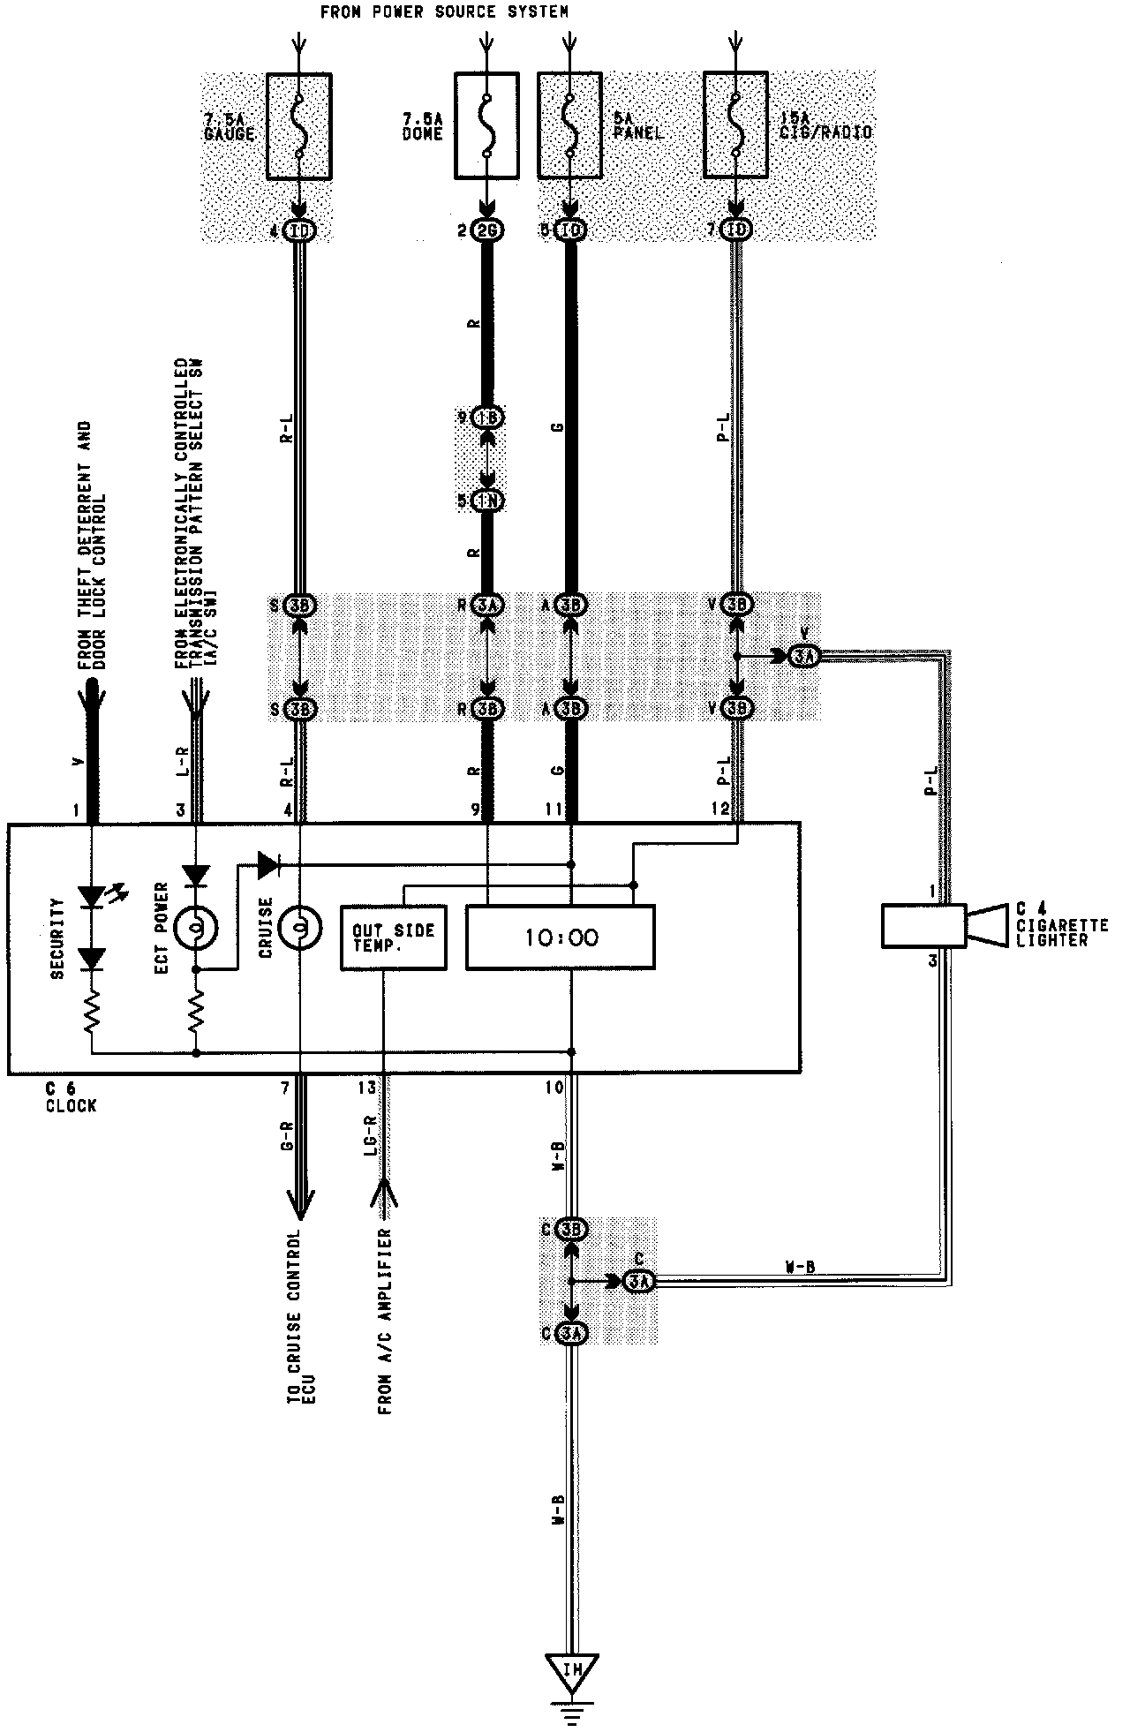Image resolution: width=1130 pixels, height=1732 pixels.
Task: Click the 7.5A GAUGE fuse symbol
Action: click(x=299, y=126)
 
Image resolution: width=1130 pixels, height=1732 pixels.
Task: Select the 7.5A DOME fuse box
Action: click(x=487, y=126)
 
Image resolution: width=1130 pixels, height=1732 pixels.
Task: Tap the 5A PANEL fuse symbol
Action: click(x=569, y=126)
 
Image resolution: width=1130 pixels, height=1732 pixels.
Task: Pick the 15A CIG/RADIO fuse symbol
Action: click(x=735, y=126)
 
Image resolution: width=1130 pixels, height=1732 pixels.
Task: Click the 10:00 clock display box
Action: click(x=560, y=937)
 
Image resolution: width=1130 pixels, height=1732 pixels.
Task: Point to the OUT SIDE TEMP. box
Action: click(x=394, y=938)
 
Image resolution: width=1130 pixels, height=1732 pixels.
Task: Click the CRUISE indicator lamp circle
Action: click(x=299, y=927)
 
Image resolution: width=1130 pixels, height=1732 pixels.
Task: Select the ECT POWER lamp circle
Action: click(x=195, y=927)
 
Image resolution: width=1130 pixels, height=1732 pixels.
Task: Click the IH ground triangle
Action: click(x=572, y=1673)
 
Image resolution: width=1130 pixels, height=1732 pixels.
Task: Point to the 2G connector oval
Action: click(x=487, y=231)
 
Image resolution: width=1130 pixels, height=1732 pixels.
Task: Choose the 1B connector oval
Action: click(x=487, y=418)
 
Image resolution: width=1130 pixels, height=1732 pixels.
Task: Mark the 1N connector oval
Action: click(x=487, y=501)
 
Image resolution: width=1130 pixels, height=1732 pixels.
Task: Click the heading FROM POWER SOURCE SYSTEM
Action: click(x=444, y=11)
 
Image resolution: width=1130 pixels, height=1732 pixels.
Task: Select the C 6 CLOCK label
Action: click(x=71, y=1097)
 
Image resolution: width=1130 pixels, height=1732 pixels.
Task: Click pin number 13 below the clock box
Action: click(x=366, y=1088)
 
